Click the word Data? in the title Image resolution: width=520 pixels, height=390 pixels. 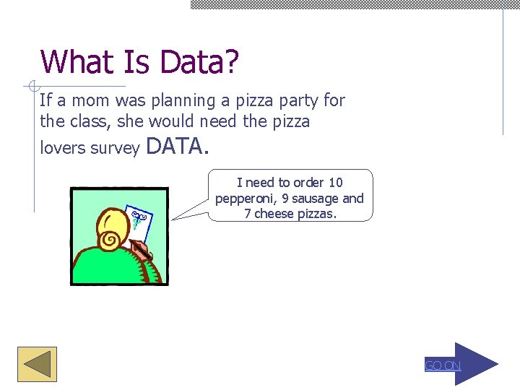tap(199, 62)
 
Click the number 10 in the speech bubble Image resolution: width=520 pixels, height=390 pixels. tap(335, 183)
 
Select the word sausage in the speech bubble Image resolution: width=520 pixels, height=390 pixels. tap(314, 199)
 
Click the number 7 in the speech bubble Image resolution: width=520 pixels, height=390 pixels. tap(248, 214)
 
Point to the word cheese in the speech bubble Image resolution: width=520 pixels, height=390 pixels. tap(274, 214)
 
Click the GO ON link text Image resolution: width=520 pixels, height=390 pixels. tap(442, 365)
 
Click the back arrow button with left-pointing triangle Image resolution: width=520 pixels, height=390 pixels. tap(37, 364)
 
